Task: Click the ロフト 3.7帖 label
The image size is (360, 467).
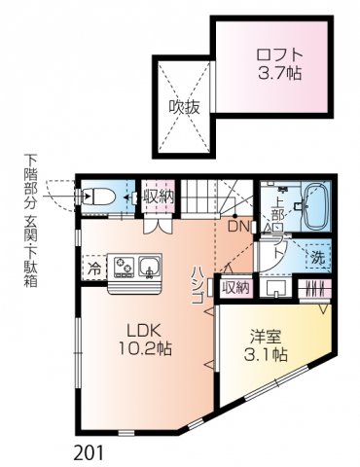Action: coord(278,63)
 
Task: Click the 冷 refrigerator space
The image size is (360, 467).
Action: coord(93,266)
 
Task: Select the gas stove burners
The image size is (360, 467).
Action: coord(124,264)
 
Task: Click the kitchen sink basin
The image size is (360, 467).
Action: coord(150,264)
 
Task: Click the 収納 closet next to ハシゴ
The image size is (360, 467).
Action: coord(234,286)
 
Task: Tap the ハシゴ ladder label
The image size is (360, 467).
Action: coord(197,285)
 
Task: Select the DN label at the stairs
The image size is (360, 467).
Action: coord(238,227)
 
